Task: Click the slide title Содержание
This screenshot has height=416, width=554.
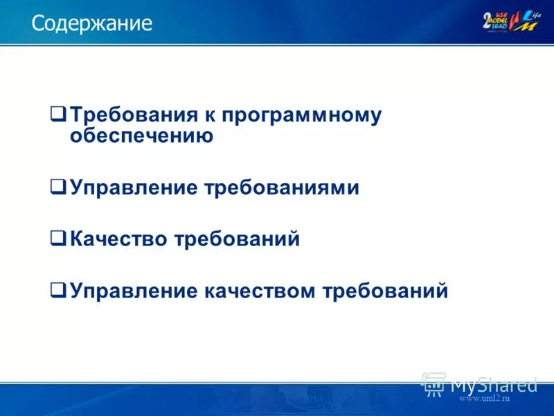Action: point(91,24)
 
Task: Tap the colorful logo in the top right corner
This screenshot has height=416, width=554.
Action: point(511,21)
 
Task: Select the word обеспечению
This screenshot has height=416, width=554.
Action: point(141,136)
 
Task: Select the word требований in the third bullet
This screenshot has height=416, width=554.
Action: point(236,239)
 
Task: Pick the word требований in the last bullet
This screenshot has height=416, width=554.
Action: point(385,291)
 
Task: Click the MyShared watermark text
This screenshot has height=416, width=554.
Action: point(494,383)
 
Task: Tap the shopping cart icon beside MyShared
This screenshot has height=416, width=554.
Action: point(434,383)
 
